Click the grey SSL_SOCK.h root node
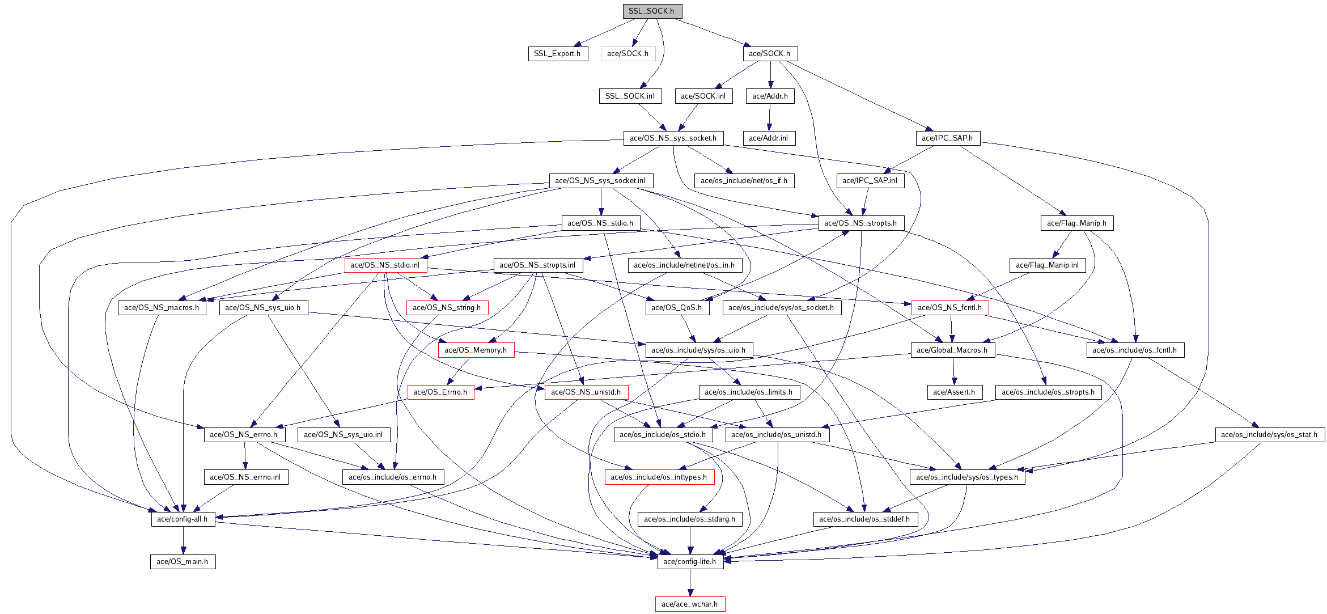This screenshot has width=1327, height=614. pyautogui.click(x=652, y=11)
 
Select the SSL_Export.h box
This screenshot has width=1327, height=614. pyautogui.click(x=557, y=54)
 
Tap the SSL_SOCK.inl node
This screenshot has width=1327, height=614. pyautogui.click(x=630, y=96)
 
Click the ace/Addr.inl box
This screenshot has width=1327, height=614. pyautogui.click(x=769, y=138)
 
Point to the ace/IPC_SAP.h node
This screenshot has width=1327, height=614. pyautogui.click(x=947, y=138)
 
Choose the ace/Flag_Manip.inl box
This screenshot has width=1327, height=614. pyautogui.click(x=1047, y=265)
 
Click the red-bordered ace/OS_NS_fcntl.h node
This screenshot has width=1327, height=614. pyautogui.click(x=950, y=308)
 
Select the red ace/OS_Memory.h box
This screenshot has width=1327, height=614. pyautogui.click(x=476, y=350)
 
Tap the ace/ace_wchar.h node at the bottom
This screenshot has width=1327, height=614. pyautogui.click(x=690, y=604)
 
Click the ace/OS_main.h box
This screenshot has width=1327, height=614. pyautogui.click(x=183, y=562)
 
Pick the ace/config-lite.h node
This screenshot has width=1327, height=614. pyautogui.click(x=690, y=562)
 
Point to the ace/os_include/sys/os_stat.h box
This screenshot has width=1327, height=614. pyautogui.click(x=1270, y=435)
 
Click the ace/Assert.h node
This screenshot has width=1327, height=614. pyautogui.click(x=954, y=392)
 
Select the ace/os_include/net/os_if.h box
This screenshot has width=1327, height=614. pyautogui.click(x=744, y=181)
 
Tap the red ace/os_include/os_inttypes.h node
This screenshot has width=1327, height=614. pyautogui.click(x=659, y=477)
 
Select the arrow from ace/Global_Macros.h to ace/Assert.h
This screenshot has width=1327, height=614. pyautogui.click(x=953, y=371)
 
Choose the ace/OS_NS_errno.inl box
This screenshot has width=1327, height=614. pyautogui.click(x=245, y=477)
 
